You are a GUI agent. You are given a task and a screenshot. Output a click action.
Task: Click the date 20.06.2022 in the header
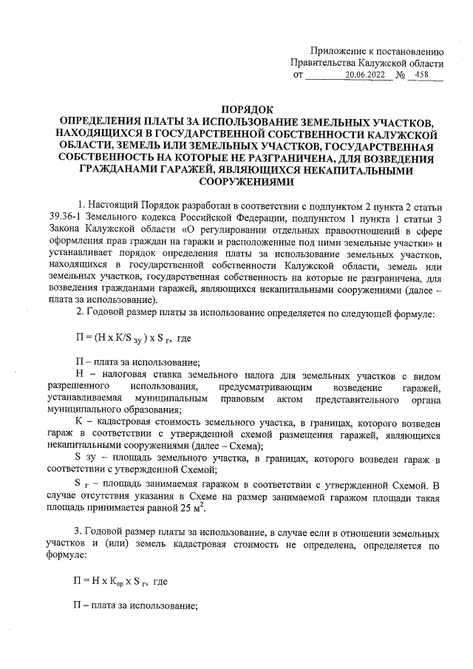[367, 75]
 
